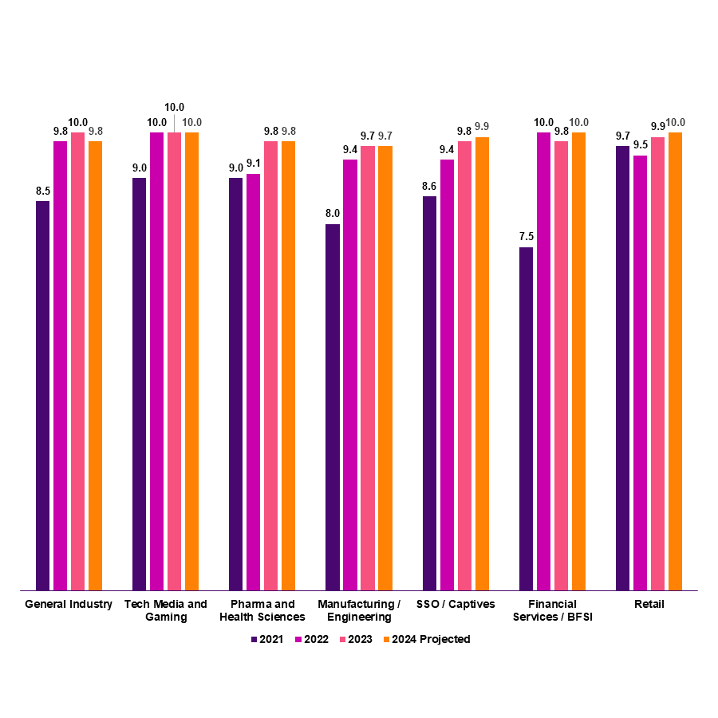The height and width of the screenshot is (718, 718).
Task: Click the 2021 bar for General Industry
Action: (42, 396)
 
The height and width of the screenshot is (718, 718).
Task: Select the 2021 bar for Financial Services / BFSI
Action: (526, 419)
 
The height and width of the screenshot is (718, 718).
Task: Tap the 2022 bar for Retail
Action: (640, 373)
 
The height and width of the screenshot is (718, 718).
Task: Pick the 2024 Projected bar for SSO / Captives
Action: (482, 364)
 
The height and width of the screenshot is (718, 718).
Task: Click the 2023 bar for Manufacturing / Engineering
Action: (367, 368)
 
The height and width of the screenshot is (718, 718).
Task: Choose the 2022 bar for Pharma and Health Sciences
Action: (253, 382)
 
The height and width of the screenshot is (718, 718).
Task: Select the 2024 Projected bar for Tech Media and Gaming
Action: (191, 361)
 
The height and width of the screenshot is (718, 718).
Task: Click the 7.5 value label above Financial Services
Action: (526, 237)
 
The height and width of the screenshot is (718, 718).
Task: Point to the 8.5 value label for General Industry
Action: (42, 191)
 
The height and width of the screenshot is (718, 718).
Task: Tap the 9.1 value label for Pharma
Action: (253, 164)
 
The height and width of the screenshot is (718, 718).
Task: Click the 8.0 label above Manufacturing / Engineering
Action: (333, 214)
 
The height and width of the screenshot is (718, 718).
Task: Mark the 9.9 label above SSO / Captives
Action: (482, 127)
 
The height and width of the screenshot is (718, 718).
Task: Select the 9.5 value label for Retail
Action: (640, 145)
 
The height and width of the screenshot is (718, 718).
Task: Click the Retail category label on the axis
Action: (649, 605)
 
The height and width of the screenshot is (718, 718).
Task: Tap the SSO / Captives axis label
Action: (456, 605)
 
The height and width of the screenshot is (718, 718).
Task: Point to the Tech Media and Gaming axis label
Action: (166, 610)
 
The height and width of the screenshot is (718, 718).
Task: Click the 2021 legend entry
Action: (266, 639)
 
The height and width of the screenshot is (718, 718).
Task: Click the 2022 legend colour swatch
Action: (298, 639)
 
